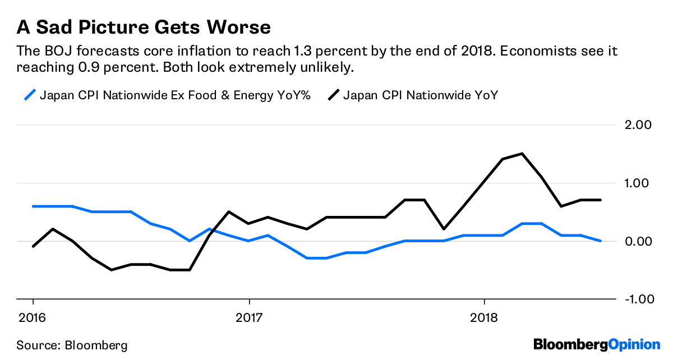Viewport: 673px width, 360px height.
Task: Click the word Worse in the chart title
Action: (238, 26)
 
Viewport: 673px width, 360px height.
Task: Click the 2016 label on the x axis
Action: (33, 317)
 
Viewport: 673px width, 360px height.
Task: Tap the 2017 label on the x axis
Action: (248, 317)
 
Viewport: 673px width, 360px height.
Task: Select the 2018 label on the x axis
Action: (484, 317)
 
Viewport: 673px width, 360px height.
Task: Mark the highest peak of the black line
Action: (522, 154)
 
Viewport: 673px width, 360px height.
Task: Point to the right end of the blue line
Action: (601, 241)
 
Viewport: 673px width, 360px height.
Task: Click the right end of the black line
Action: (601, 200)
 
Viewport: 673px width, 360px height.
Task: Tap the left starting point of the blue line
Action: (33, 206)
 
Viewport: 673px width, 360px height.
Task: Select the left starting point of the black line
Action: (33, 246)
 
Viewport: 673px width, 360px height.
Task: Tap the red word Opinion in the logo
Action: (634, 344)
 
